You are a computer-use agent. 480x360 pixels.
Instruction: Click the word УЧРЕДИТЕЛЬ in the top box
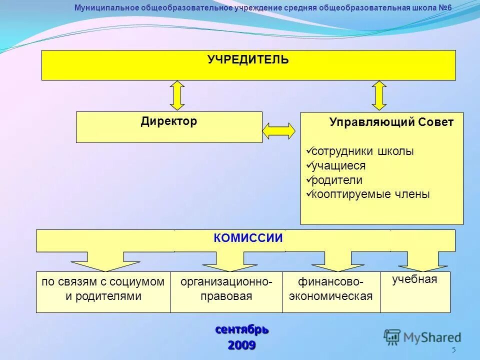[x=248, y=60]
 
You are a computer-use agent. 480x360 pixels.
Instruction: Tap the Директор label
[x=168, y=121]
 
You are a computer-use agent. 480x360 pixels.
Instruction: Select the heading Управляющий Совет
[x=391, y=122]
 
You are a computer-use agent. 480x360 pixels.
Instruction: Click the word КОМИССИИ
[x=248, y=238]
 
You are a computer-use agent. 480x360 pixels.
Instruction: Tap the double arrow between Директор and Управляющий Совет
[x=279, y=130]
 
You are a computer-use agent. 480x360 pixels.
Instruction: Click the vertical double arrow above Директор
[x=177, y=95]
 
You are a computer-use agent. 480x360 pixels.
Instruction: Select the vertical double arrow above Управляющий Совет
[x=379, y=95]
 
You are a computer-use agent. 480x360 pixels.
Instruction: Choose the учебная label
[x=414, y=279]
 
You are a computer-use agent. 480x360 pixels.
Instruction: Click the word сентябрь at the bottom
[x=242, y=330]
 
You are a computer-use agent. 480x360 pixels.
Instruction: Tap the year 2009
[x=242, y=345]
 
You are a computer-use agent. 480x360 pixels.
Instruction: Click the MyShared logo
[x=423, y=337]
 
